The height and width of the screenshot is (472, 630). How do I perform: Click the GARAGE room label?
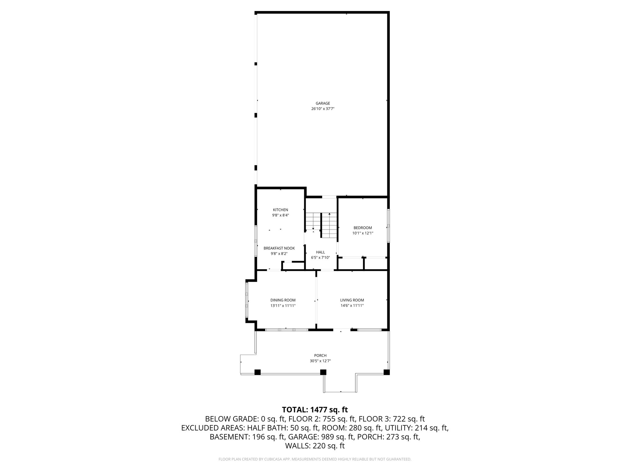click(x=323, y=103)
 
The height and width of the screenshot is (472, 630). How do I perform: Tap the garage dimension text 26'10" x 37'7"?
click(x=323, y=109)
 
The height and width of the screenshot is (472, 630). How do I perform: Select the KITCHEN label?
click(x=280, y=210)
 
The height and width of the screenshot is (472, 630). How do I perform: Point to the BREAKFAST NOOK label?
click(x=279, y=248)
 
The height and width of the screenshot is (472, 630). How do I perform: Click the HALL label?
click(x=320, y=252)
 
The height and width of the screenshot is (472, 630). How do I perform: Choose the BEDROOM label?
click(x=363, y=228)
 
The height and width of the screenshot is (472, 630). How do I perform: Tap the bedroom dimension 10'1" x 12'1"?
click(x=363, y=233)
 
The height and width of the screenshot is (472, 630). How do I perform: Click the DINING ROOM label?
click(x=283, y=300)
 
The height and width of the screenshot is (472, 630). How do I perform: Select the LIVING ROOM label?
click(x=352, y=300)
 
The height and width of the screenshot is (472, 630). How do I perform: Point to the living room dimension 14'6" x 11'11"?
click(x=352, y=306)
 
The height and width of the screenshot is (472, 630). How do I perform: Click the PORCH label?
click(x=320, y=356)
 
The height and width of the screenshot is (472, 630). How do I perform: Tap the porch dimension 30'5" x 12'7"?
click(x=320, y=361)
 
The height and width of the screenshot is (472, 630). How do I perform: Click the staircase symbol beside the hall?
click(x=321, y=225)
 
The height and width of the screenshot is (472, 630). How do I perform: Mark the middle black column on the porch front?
click(x=323, y=372)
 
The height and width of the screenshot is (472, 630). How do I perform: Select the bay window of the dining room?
click(x=247, y=300)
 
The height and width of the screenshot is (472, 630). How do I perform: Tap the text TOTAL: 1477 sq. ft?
click(x=315, y=410)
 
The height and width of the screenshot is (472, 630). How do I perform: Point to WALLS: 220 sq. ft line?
click(x=315, y=446)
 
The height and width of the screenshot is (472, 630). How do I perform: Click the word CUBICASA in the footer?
click(x=270, y=459)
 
